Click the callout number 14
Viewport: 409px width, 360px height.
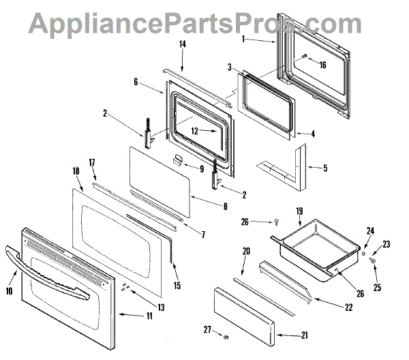pyautogui.click(x=183, y=44)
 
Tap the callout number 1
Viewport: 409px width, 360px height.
pyautogui.click(x=243, y=40)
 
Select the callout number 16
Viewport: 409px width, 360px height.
pyautogui.click(x=322, y=65)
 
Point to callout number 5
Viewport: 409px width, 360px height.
pyautogui.click(x=324, y=167)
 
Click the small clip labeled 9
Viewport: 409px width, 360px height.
pyautogui.click(x=179, y=160)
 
